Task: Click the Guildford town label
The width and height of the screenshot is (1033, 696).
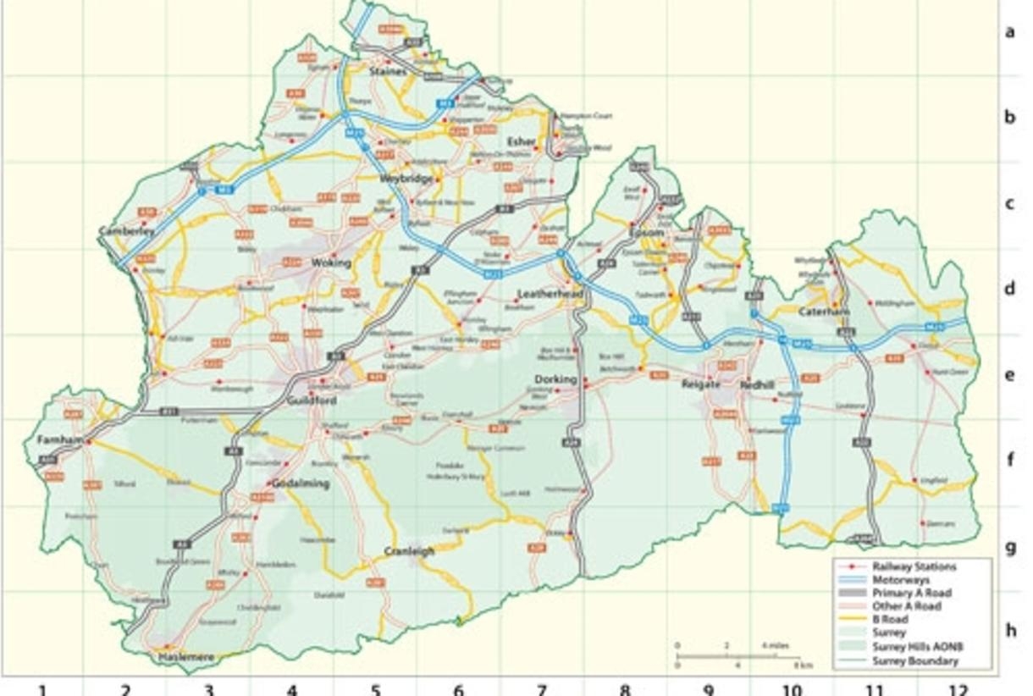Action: [x=312, y=400]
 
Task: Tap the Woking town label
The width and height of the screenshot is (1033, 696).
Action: [x=324, y=263]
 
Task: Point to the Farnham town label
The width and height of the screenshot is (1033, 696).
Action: [x=60, y=440]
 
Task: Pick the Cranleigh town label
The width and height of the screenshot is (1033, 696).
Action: [x=409, y=551]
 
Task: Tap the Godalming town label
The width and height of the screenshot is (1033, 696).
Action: [x=298, y=483]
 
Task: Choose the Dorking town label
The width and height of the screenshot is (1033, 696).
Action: [x=555, y=379]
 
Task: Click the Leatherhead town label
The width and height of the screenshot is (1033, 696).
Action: [x=550, y=294]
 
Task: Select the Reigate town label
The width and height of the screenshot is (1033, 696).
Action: [x=701, y=384]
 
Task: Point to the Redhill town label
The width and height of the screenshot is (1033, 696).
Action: [x=757, y=384]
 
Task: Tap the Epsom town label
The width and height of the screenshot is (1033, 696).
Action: [x=646, y=232]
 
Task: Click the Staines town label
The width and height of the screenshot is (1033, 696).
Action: [x=389, y=73]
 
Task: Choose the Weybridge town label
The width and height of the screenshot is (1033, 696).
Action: [x=406, y=180]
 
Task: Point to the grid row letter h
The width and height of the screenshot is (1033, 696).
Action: [x=1010, y=630]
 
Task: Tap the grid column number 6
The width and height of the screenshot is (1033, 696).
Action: [x=458, y=689]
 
